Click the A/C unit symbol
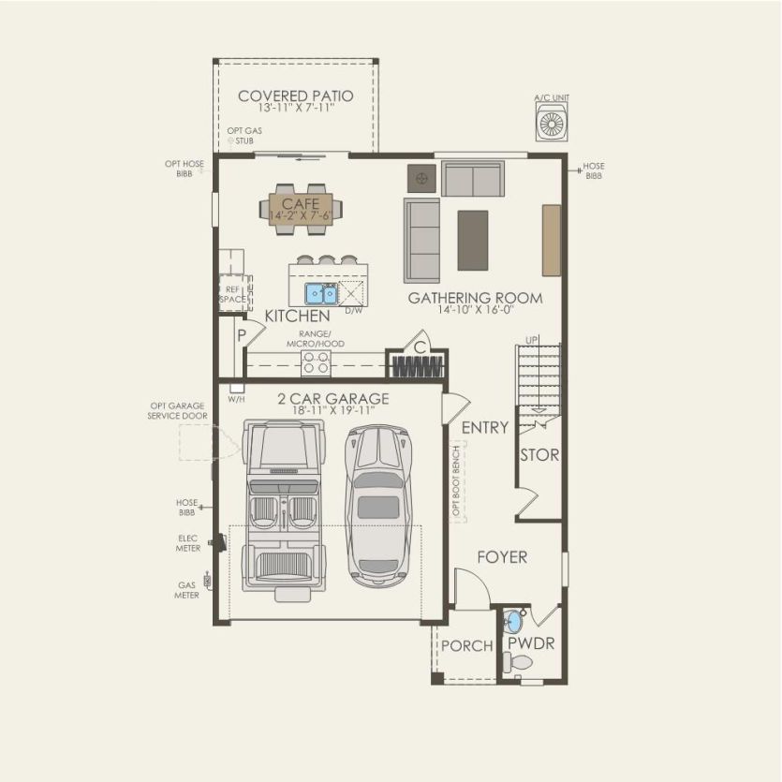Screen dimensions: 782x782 pos(551,123)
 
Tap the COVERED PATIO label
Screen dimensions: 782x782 pos(295,96)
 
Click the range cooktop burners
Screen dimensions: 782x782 pos(317,362)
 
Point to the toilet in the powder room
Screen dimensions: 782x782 pos(518,662)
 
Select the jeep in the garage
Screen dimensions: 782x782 pos(282,505)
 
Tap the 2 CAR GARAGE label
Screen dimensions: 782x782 pos(333,398)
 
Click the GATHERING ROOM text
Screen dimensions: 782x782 pos(475,298)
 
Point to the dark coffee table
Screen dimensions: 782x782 pos(472,240)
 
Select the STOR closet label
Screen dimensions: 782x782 pos(539,455)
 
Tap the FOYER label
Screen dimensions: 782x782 pos(502,557)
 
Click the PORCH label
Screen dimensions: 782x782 pos(467,646)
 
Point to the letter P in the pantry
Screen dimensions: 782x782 pos(241,334)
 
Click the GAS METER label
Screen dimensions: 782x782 pos(185,588)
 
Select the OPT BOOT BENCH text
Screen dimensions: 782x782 pos(457,480)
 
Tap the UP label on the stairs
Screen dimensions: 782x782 pos(532,339)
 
